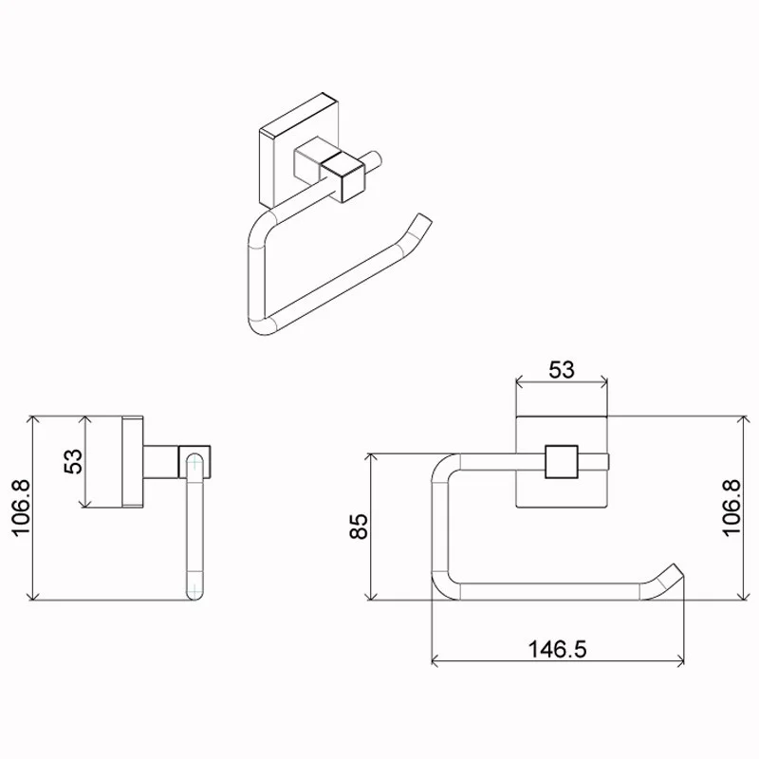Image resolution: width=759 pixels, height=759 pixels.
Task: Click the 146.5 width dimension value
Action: [x=557, y=649]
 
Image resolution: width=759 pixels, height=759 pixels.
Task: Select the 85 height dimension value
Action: [x=360, y=527]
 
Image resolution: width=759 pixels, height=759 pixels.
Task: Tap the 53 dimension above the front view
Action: [x=562, y=370]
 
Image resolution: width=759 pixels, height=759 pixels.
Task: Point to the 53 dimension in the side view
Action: [x=74, y=461]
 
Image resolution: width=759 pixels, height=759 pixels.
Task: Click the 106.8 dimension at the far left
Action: [x=21, y=508]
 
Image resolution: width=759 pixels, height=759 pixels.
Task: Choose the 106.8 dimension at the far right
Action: [x=731, y=508]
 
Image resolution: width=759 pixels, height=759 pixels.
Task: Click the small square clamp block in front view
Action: [x=562, y=462]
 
